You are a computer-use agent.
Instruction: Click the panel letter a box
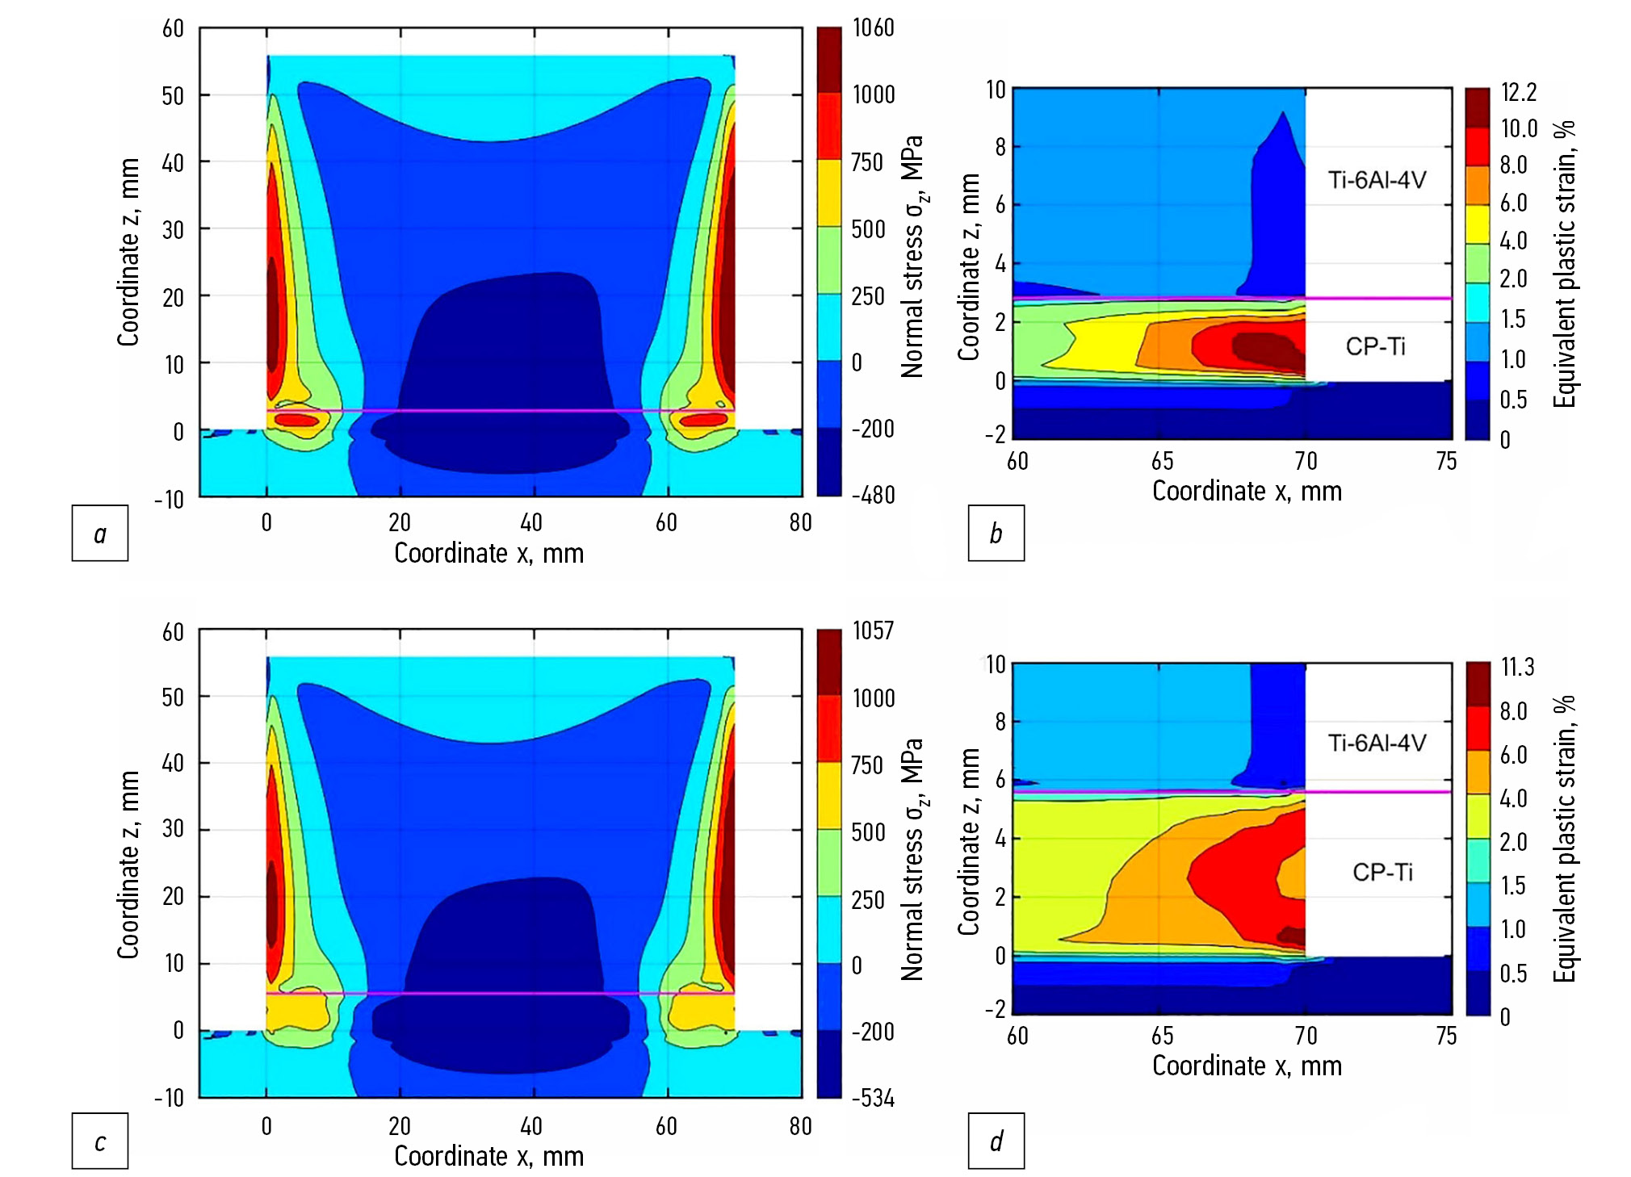100,533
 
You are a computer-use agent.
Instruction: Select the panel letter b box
996,533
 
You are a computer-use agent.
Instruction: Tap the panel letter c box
100,1141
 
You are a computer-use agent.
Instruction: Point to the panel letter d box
996,1141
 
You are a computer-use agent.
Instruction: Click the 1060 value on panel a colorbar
873,28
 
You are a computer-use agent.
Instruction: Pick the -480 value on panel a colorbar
873,494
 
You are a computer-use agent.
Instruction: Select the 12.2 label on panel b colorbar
1518,92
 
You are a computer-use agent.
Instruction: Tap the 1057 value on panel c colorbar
873,630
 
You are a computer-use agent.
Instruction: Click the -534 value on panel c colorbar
873,1098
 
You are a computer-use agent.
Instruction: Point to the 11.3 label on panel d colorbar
1517,667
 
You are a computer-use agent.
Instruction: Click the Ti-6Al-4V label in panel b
1377,179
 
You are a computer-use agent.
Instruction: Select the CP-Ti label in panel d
1382,872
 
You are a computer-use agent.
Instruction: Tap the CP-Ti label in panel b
1375,346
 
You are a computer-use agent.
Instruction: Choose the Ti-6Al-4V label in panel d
1377,743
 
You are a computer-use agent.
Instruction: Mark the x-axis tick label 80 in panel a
800,523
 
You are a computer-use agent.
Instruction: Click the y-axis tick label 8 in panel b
1000,147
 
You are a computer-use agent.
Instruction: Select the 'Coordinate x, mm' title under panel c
488,1156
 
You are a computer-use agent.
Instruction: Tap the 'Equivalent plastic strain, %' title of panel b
1564,263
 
